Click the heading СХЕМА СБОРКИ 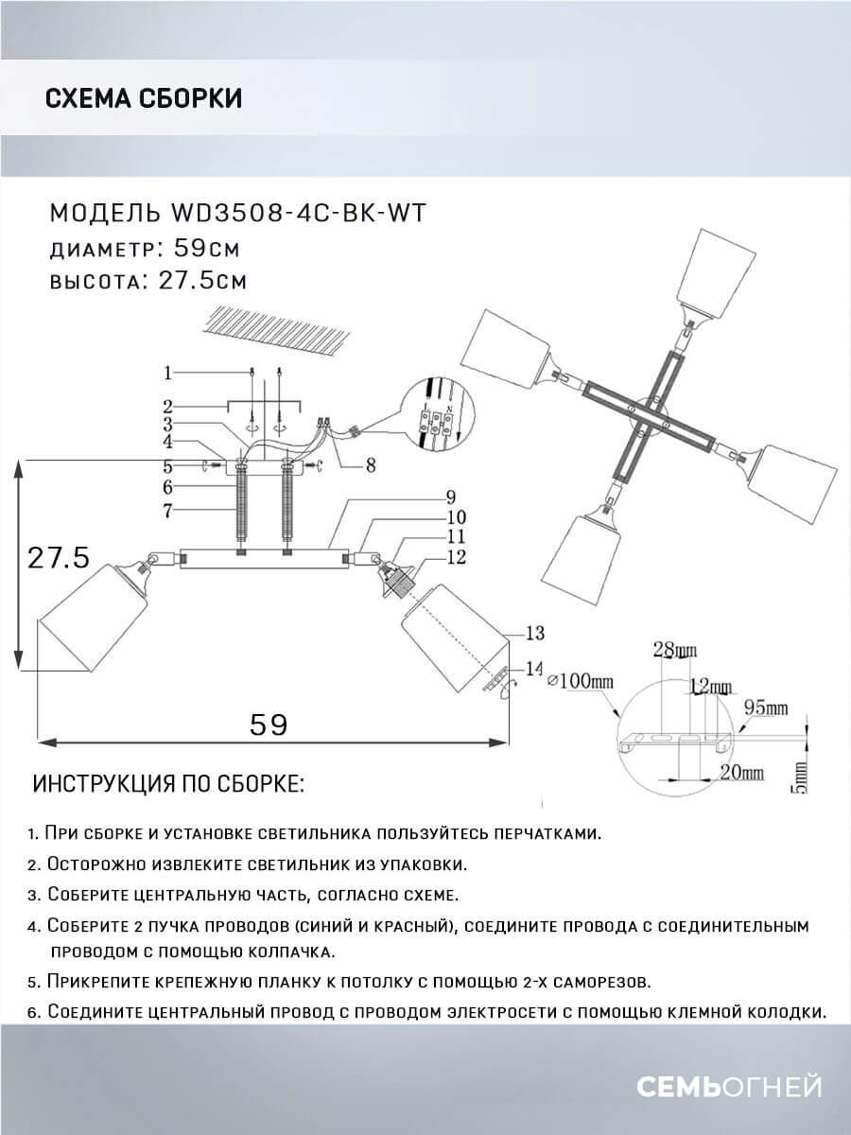coord(144,98)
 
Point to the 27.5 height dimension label coord(58,557)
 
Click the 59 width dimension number coord(268,724)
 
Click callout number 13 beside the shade coord(535,632)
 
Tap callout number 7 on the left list coord(166,512)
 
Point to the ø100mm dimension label coord(581,680)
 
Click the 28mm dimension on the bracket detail coord(673,650)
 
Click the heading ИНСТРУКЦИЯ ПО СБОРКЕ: coord(169,784)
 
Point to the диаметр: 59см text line coord(144,249)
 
